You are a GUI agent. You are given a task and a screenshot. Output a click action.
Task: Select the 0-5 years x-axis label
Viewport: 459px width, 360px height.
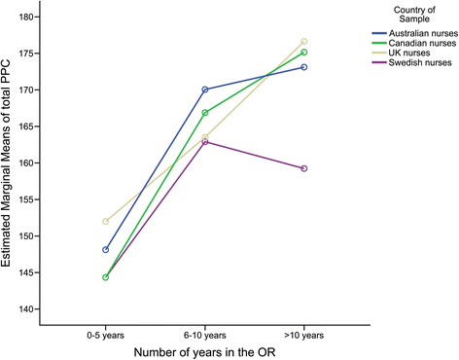coord(105,333)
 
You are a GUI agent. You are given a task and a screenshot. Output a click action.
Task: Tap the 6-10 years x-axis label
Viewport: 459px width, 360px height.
coord(204,333)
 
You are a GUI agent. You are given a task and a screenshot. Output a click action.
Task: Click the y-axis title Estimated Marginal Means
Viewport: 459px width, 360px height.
coord(14,162)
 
